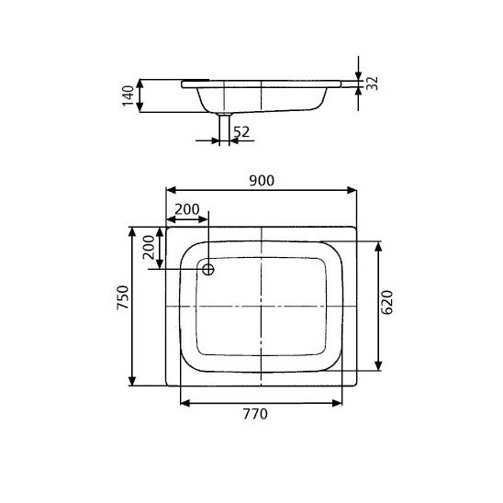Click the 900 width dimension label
262,181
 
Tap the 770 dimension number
255,414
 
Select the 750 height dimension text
123,297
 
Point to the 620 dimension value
387,302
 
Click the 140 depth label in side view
128,95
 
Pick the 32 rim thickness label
372,84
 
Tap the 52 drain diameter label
241,132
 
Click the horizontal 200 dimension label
187,209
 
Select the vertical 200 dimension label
149,247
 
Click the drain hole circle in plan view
208,270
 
